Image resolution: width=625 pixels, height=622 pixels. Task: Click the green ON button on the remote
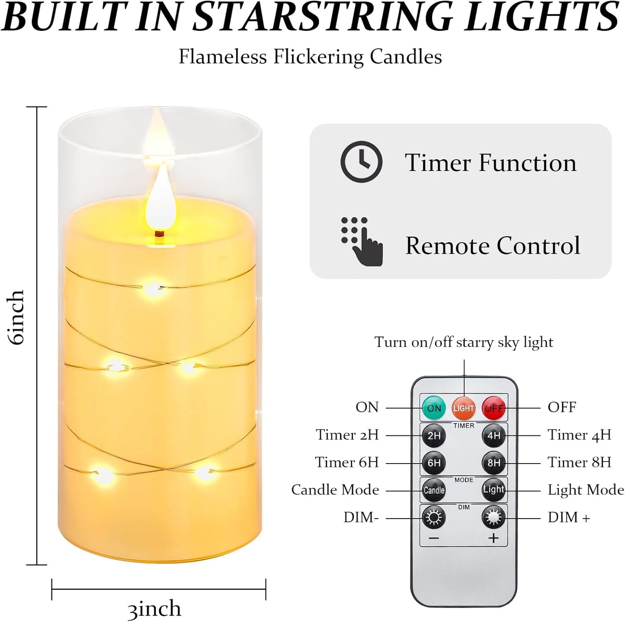pyautogui.click(x=434, y=408)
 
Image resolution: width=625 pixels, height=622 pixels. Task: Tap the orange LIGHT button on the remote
pyautogui.click(x=464, y=408)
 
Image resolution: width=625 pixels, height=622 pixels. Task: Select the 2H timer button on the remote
pyautogui.click(x=434, y=435)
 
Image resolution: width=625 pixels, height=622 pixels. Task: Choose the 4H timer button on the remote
pyautogui.click(x=494, y=435)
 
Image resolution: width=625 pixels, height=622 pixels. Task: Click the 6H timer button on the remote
pyautogui.click(x=434, y=463)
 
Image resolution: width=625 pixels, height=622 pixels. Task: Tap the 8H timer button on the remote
pyautogui.click(x=494, y=463)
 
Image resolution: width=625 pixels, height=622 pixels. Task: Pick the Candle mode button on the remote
pyautogui.click(x=434, y=490)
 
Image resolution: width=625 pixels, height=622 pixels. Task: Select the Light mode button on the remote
pyautogui.click(x=494, y=490)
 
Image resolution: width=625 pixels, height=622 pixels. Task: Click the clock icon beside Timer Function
pyautogui.click(x=361, y=161)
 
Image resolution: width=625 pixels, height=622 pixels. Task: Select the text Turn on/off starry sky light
pyautogui.click(x=464, y=342)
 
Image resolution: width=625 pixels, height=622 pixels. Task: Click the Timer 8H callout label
pyautogui.click(x=579, y=462)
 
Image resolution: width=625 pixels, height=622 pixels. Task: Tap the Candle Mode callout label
pyautogui.click(x=335, y=490)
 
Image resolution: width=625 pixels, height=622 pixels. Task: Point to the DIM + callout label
pyautogui.click(x=569, y=517)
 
